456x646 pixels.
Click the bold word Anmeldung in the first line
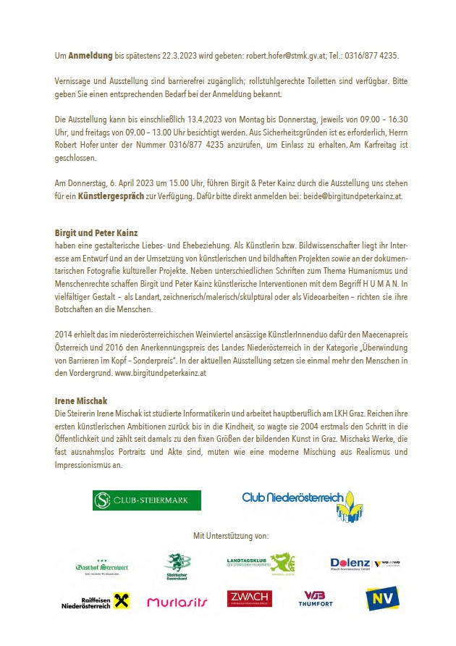click(x=90, y=56)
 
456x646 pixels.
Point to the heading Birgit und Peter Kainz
click(x=96, y=233)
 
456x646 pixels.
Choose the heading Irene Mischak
click(x=81, y=400)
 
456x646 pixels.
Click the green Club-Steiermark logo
click(x=146, y=500)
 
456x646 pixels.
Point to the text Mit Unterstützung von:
click(x=231, y=536)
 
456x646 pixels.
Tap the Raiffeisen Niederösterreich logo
click(x=95, y=600)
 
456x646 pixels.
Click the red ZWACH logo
click(x=249, y=599)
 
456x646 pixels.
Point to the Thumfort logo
click(x=316, y=599)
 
